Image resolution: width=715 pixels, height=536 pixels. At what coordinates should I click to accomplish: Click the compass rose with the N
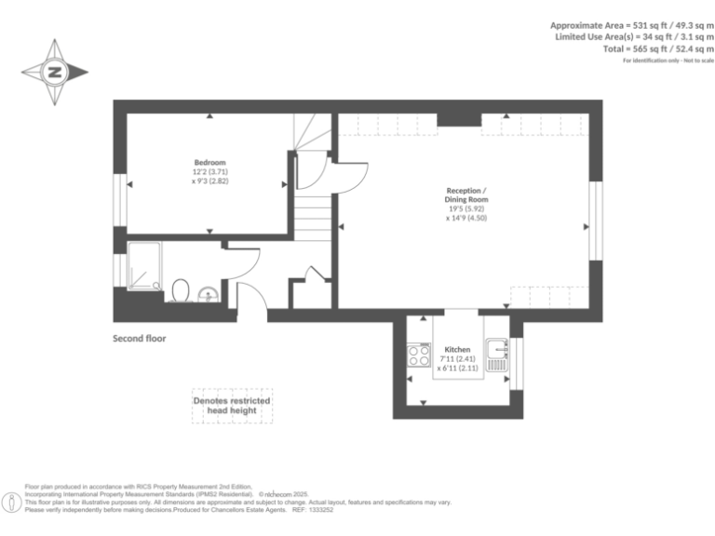pyautogui.click(x=55, y=72)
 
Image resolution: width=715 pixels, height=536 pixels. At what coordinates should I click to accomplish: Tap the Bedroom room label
pyautogui.click(x=209, y=163)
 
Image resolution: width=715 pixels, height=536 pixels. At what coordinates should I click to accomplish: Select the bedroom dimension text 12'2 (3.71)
pyautogui.click(x=209, y=172)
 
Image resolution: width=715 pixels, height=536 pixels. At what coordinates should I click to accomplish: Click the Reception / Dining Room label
pyautogui.click(x=466, y=195)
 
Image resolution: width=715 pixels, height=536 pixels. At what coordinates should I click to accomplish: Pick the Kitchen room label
pyautogui.click(x=457, y=350)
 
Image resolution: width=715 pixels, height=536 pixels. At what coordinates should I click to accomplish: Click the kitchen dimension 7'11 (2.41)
pyautogui.click(x=457, y=359)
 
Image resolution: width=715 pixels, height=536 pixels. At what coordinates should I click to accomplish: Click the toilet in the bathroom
pyautogui.click(x=182, y=291)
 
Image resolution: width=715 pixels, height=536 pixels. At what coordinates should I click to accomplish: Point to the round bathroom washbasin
pyautogui.click(x=209, y=295)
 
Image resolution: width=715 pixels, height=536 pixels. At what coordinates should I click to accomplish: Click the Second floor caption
pyautogui.click(x=140, y=339)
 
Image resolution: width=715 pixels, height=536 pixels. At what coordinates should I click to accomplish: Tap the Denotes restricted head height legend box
pyautogui.click(x=232, y=406)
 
